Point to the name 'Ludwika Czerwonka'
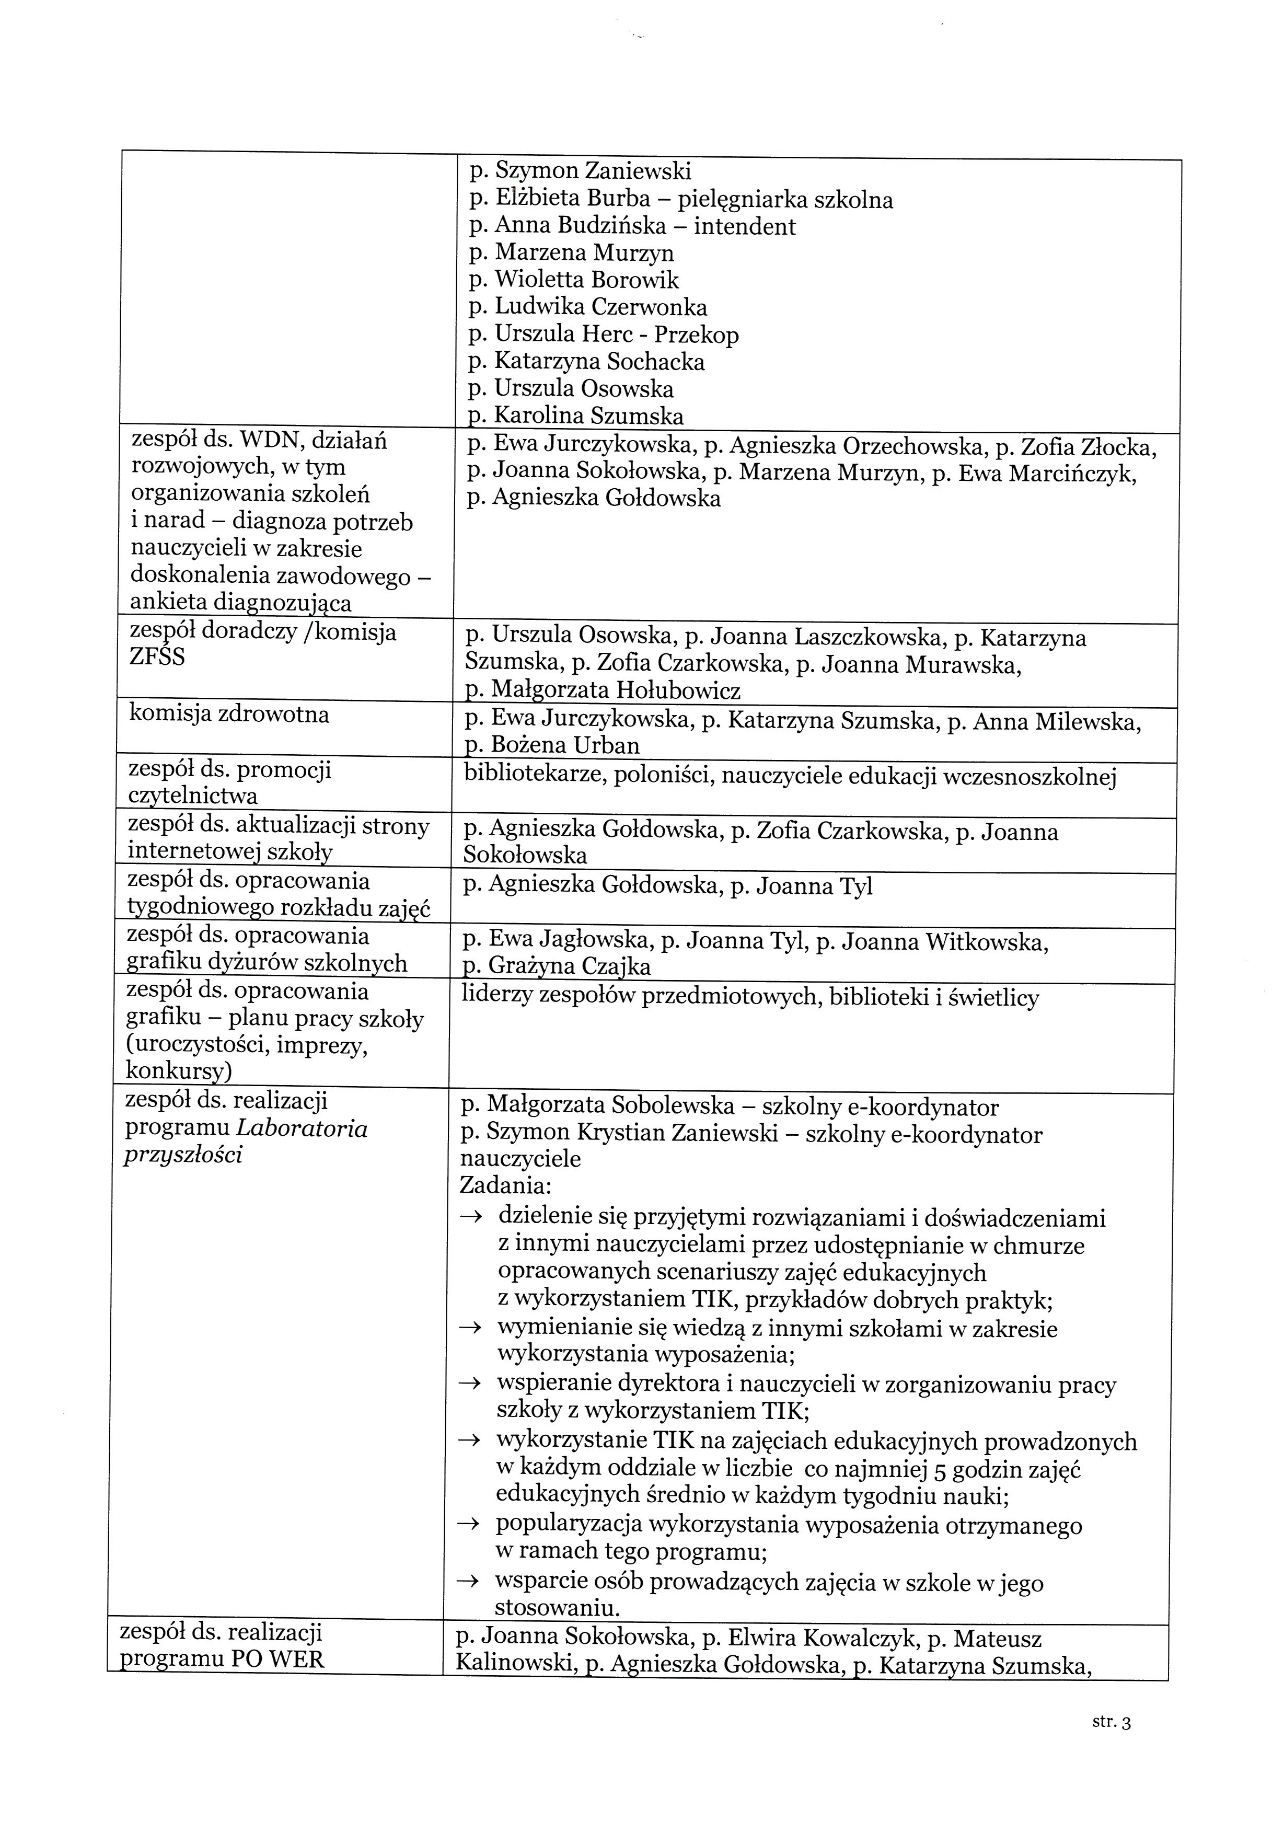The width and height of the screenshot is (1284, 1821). click(x=600, y=307)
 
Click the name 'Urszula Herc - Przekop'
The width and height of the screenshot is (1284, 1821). click(x=616, y=335)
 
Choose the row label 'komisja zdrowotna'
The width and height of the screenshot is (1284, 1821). click(x=228, y=714)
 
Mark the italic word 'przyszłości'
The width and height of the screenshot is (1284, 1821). click(x=183, y=1154)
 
